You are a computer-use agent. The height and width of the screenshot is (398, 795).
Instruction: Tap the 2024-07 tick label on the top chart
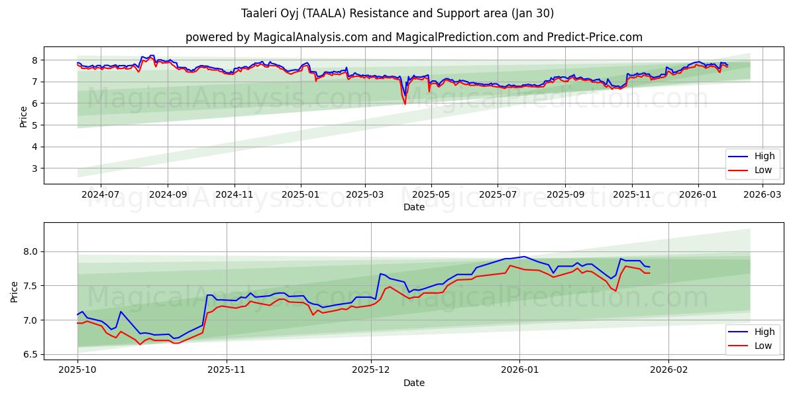(101, 195)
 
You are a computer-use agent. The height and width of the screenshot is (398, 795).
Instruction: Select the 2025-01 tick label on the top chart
(301, 195)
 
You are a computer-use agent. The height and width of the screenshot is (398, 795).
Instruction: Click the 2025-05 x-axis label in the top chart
(431, 195)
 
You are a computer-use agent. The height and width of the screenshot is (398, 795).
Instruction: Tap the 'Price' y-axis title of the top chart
(24, 115)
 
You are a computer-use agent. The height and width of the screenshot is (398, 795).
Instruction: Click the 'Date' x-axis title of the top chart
(413, 207)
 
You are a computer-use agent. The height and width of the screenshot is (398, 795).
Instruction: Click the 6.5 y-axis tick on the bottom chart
(30, 355)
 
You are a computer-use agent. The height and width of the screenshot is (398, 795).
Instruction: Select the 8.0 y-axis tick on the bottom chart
(30, 252)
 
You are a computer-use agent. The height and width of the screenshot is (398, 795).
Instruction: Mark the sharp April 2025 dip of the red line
(405, 103)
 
